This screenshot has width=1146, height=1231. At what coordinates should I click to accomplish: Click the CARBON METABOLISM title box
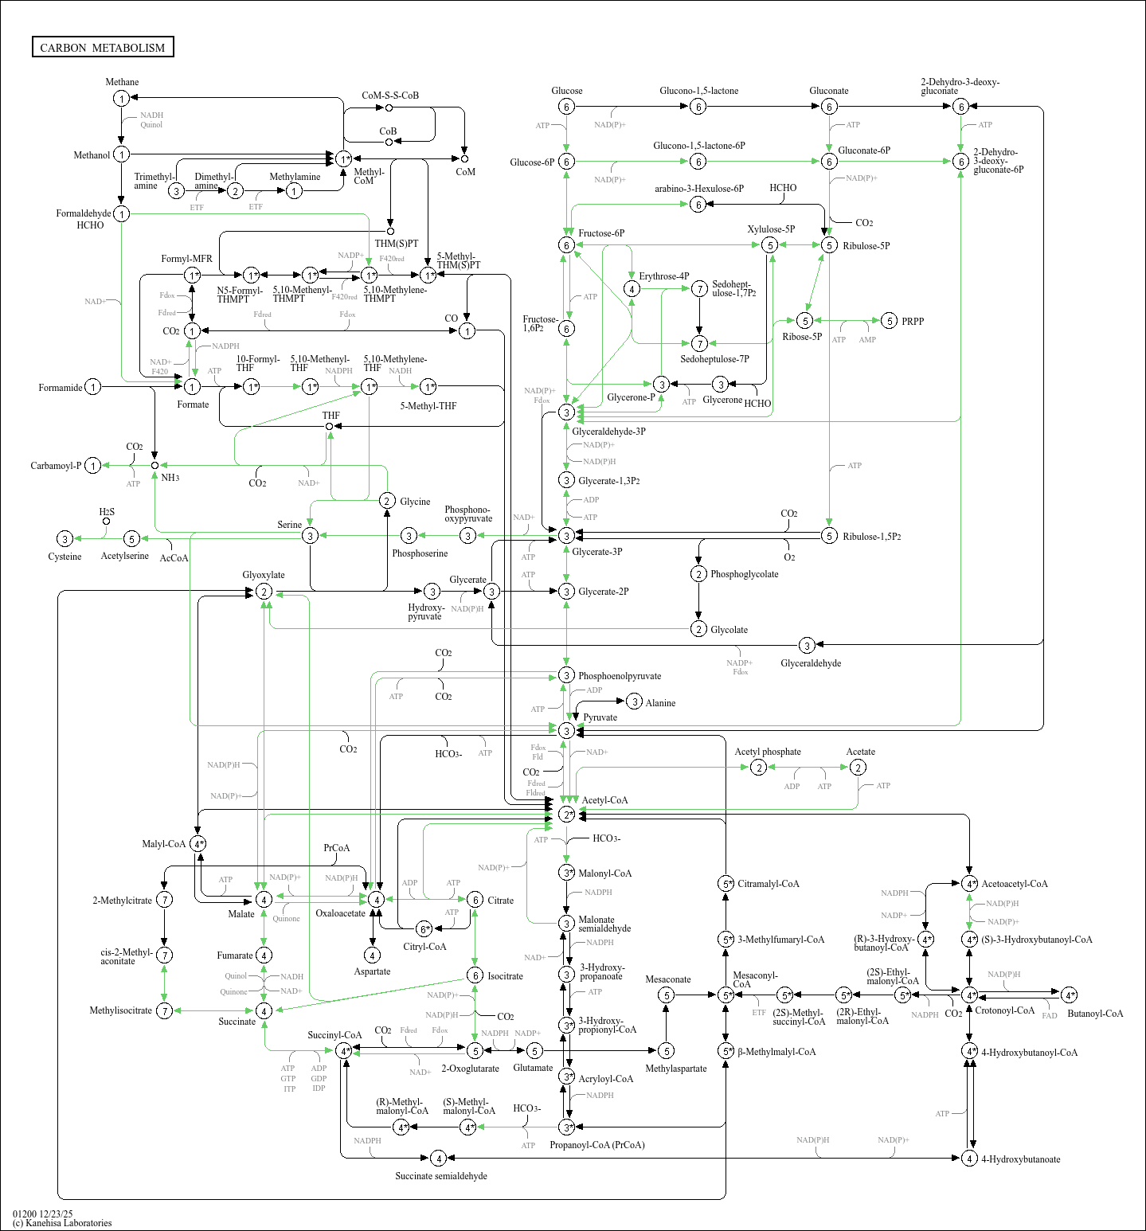(x=103, y=47)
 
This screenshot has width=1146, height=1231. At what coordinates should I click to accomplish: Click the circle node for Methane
(x=121, y=98)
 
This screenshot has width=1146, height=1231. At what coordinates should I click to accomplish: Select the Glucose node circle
(x=566, y=107)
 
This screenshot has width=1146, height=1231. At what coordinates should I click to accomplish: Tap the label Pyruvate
(x=600, y=717)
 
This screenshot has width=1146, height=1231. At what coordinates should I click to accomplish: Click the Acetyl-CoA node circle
(x=566, y=815)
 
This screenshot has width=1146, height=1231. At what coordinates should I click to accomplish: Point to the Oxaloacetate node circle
(x=376, y=899)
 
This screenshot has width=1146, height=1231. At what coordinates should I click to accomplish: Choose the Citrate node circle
(x=475, y=900)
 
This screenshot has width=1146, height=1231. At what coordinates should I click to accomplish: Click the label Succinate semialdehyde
(x=441, y=1176)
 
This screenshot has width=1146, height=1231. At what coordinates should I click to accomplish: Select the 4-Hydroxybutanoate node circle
(x=969, y=1159)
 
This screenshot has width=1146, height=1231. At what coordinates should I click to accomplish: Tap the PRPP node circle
(x=890, y=321)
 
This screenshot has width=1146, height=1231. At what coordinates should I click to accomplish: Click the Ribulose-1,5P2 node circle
(x=829, y=536)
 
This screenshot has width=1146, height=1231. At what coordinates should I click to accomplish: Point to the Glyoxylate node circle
(x=264, y=592)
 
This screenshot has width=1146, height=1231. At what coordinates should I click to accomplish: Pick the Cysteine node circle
(x=65, y=539)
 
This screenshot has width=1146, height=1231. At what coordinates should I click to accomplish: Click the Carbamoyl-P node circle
(x=93, y=466)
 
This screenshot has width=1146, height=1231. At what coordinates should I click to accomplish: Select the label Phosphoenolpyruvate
(x=620, y=676)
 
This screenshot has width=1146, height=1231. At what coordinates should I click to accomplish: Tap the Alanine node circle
(x=634, y=701)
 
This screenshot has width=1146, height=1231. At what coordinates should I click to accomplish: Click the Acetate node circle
(x=858, y=767)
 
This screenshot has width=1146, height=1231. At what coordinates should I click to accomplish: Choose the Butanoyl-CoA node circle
(x=1070, y=995)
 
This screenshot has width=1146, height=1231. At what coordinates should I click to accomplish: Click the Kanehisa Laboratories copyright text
(x=62, y=1223)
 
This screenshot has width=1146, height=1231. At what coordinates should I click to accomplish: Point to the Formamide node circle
(x=93, y=387)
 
